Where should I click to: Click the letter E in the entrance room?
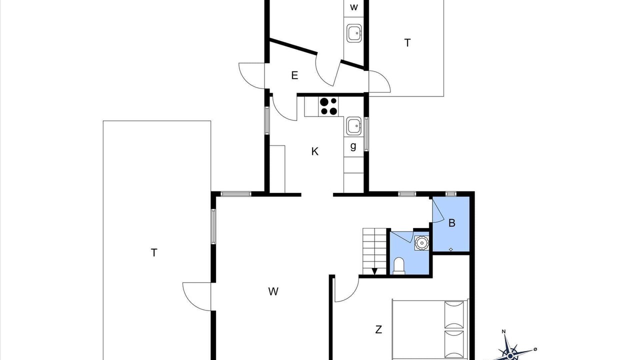click(x=294, y=75)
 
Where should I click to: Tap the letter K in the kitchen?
click(x=314, y=151)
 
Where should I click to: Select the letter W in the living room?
click(x=273, y=291)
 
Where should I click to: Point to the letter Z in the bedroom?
click(x=378, y=329)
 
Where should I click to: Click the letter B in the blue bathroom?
click(x=451, y=223)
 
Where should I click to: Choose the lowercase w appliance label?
click(x=353, y=7)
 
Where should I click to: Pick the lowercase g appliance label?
click(x=353, y=146)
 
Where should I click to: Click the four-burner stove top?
click(x=328, y=106)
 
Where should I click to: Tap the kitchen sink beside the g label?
click(x=354, y=126)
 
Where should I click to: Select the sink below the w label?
click(x=354, y=33)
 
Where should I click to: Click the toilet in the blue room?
click(x=399, y=265)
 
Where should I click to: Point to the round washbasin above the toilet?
click(x=421, y=243)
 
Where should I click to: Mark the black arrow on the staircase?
click(x=374, y=271)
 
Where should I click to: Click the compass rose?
click(x=510, y=354)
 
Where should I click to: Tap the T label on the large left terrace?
click(x=154, y=253)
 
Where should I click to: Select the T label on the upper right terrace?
click(x=407, y=43)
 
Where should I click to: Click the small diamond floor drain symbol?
click(x=451, y=249)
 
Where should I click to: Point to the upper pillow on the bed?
click(x=454, y=314)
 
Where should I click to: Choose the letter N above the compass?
click(x=503, y=331)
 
